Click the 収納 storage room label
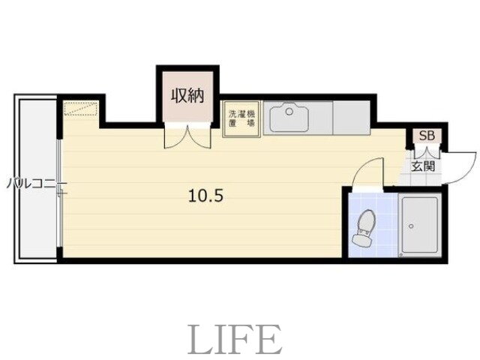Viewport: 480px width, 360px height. [x=187, y=95]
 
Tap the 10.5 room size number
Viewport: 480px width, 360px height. [x=205, y=196]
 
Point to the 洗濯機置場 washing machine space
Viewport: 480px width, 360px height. [x=241, y=118]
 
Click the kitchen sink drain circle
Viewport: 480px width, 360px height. [x=289, y=112]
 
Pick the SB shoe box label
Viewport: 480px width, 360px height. [x=427, y=136]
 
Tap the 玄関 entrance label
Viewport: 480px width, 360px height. [x=423, y=166]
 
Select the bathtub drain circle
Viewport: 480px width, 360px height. [x=411, y=226]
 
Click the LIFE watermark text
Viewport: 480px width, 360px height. [x=235, y=340]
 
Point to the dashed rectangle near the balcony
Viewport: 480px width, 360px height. [x=80, y=109]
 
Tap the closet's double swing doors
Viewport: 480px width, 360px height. [x=187, y=136]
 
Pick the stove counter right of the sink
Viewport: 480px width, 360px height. [x=352, y=118]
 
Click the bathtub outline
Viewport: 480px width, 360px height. [x=420, y=225]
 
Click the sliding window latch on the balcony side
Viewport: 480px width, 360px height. [x=62, y=193]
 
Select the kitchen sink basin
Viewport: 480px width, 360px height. [x=289, y=118]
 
